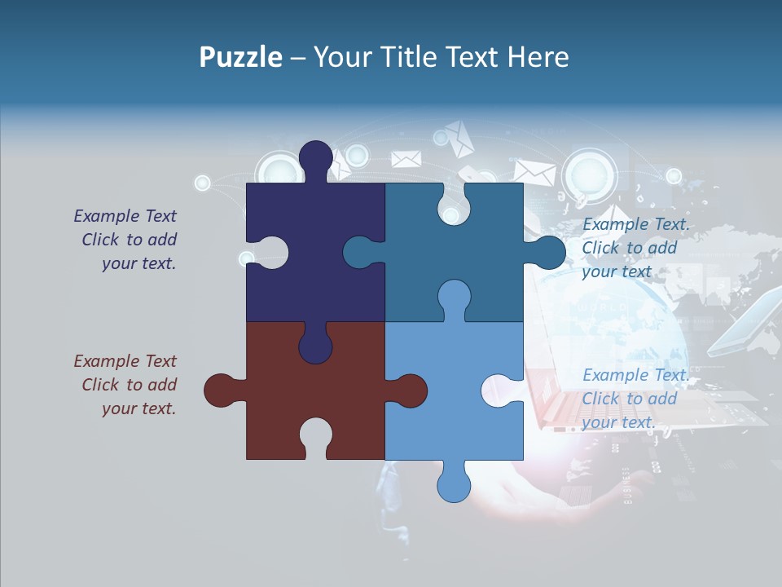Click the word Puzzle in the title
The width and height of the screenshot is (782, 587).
click(x=241, y=57)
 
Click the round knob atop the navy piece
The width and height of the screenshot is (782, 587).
click(x=316, y=158)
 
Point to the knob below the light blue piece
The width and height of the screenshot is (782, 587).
click(x=454, y=485)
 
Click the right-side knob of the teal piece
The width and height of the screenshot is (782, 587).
click(x=548, y=253)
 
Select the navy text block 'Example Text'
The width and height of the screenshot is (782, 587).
click(x=126, y=240)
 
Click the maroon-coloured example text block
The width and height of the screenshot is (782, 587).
click(x=126, y=385)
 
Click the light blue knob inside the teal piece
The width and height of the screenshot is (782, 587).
click(x=454, y=297)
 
